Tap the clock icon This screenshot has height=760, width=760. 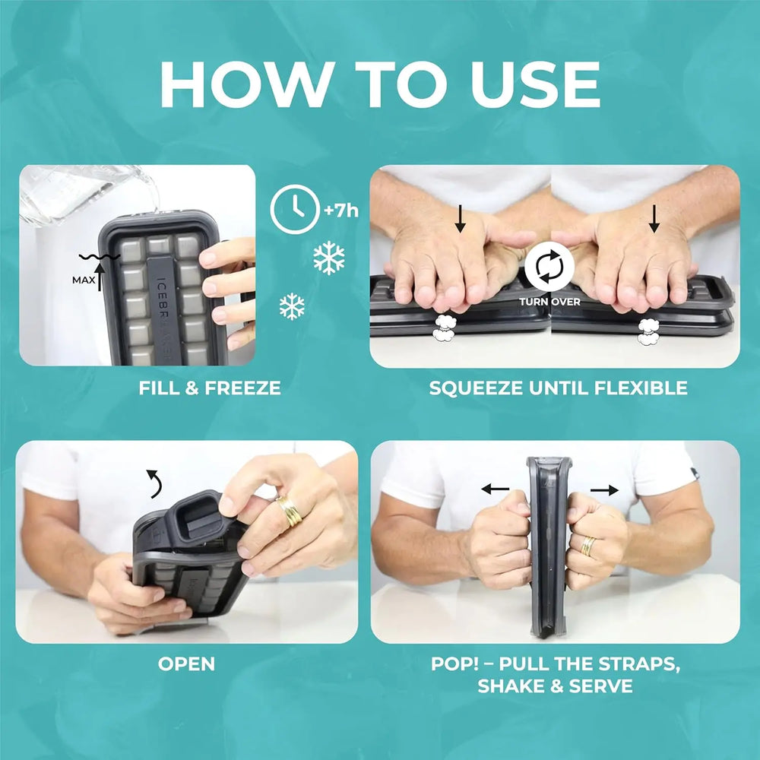point(295,210)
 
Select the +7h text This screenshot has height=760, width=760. point(341,211)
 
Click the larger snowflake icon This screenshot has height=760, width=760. point(328,258)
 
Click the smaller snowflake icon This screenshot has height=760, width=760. point(292,306)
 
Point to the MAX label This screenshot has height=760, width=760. point(84,280)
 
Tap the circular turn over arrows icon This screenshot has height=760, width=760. point(549,266)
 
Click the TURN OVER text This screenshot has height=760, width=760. point(549,302)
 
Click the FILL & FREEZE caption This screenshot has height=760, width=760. point(210,388)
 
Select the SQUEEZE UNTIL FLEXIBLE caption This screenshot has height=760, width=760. point(558,388)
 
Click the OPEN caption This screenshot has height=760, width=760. point(186,663)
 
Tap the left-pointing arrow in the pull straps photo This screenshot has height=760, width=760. point(496,489)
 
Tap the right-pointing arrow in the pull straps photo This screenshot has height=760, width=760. point(604,490)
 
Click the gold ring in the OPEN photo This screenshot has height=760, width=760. point(290,511)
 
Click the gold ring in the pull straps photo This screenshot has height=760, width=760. point(588,546)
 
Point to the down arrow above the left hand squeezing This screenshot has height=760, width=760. point(461,219)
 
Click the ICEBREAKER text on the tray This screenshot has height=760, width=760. point(164,315)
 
